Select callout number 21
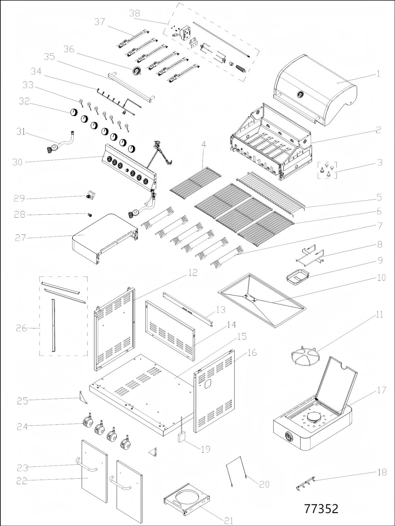(x=228, y=520)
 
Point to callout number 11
(x=380, y=315)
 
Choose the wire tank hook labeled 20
(x=237, y=472)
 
